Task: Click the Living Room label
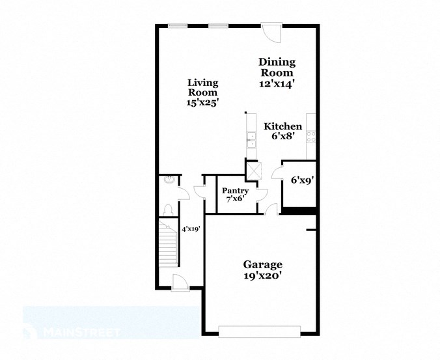[202, 87]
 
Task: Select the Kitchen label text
[282, 126]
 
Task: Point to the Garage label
[262, 264]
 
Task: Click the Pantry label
[235, 191]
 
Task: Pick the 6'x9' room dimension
[303, 180]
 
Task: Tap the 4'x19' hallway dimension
[190, 228]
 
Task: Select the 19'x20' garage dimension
[262, 275]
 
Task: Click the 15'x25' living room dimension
[202, 102]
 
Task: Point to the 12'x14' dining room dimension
[277, 83]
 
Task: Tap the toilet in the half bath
[168, 209]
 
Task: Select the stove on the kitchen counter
[312, 137]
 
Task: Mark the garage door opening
[261, 332]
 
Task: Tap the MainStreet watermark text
[81, 332]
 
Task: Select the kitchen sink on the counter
[249, 139]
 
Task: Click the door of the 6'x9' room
[277, 173]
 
